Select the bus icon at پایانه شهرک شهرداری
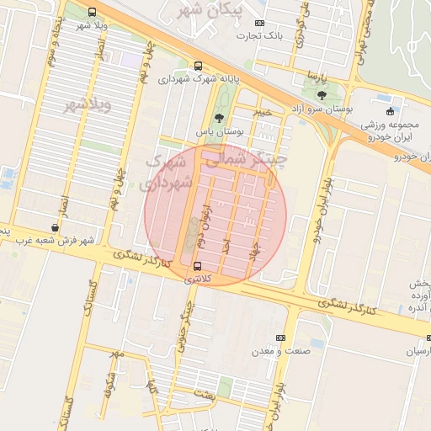tap(198, 66)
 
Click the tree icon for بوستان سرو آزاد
tap(322, 96)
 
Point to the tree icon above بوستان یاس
tap(220, 118)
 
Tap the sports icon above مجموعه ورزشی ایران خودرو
tap(389, 112)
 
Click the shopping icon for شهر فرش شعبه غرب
tap(56, 227)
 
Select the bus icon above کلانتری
tap(198, 266)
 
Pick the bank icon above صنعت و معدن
tap(280, 338)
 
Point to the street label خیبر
tap(265, 110)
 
